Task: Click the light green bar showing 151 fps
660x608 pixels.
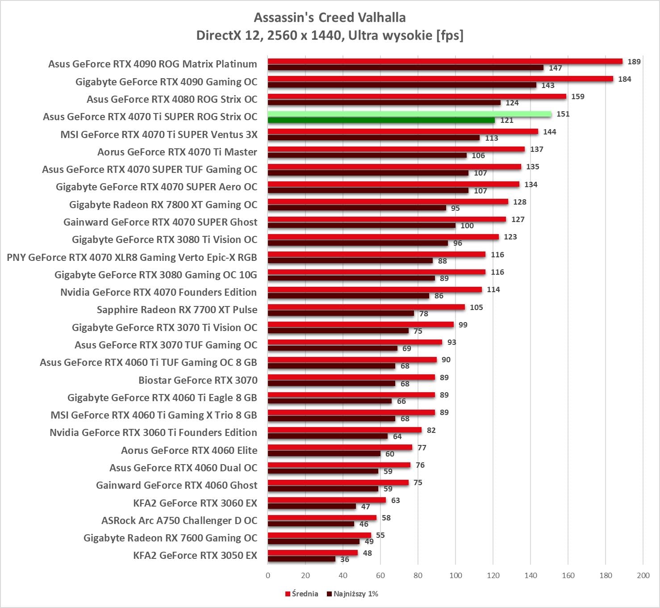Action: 409,114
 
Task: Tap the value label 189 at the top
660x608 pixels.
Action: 634,62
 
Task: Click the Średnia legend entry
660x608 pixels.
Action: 302,594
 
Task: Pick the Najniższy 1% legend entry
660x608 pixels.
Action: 353,594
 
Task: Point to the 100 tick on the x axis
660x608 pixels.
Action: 455,575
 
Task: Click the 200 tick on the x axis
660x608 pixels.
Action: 643,575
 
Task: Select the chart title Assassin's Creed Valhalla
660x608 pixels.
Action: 330,17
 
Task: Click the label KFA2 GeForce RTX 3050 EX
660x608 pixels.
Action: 195,555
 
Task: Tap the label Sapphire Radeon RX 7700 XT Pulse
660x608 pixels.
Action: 177,310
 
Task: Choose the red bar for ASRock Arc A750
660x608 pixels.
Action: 322,518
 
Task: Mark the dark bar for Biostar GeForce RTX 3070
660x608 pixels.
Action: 331,383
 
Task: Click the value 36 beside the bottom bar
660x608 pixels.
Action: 345,559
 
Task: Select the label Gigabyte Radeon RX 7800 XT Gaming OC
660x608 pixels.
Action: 163,205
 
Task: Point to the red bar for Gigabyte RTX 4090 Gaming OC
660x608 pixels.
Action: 440,79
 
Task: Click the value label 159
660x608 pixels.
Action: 577,96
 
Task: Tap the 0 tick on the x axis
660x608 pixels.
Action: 268,575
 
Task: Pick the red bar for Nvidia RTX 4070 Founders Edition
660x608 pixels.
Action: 375,289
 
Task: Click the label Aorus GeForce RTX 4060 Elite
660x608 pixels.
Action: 189,450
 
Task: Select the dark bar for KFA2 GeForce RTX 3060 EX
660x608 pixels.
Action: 312,506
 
